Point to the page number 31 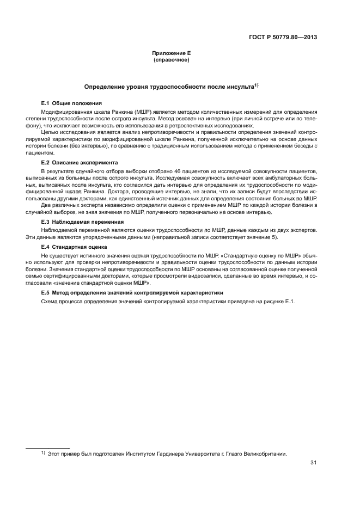click(313, 463)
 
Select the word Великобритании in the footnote click(263, 453)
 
